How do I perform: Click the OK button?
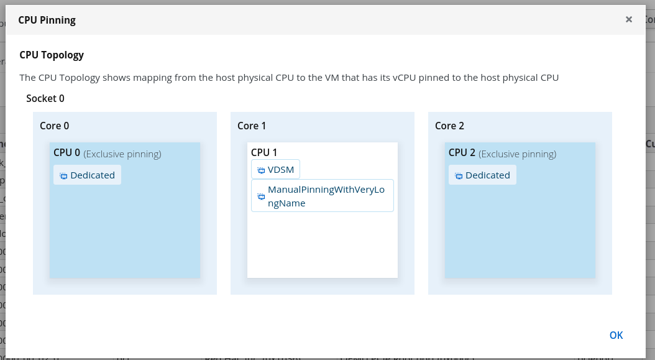(x=616, y=335)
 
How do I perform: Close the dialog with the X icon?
(x=629, y=19)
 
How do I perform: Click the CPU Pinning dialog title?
(x=47, y=20)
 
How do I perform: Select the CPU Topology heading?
(x=52, y=55)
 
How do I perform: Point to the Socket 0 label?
(x=45, y=98)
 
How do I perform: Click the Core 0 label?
(x=54, y=126)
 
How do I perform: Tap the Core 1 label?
(x=252, y=126)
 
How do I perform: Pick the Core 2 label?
(x=449, y=126)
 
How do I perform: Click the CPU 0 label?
(x=66, y=152)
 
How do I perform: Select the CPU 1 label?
(x=264, y=152)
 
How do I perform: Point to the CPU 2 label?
(x=462, y=152)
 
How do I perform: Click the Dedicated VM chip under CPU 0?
(x=88, y=175)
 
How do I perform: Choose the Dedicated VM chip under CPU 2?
(x=483, y=175)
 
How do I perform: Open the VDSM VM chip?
(x=275, y=170)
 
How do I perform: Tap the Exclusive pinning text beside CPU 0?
(x=122, y=154)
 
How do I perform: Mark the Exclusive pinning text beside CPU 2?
(x=518, y=154)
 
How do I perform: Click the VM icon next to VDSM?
(x=261, y=170)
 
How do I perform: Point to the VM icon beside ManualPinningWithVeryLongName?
(x=261, y=196)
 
